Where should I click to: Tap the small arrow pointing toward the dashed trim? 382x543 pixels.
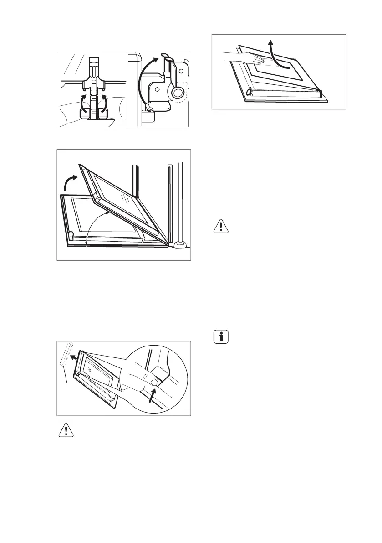pos(72,359)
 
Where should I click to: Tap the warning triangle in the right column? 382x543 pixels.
pos(220,227)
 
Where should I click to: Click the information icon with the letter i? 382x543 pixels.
pos(220,338)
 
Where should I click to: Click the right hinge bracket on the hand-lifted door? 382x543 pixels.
pos(321,94)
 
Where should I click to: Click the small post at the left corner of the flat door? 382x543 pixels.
pos(71,236)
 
